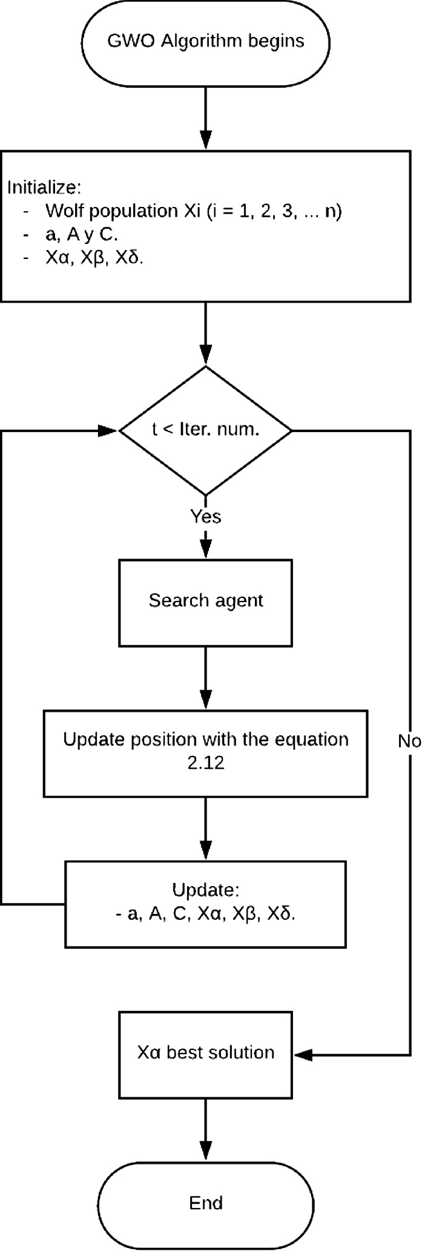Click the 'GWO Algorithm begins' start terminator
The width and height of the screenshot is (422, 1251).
(206, 42)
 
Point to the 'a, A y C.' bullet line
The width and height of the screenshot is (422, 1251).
(82, 235)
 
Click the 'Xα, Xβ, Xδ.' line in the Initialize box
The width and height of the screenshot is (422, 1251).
(94, 258)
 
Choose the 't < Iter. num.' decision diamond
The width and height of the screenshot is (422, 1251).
(206, 430)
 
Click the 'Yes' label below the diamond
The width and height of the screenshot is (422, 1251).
(206, 516)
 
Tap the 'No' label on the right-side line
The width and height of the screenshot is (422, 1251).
(409, 741)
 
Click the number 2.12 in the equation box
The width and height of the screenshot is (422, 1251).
(206, 763)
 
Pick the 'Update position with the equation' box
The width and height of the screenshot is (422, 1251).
(206, 740)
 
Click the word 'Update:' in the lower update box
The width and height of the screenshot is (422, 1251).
(206, 890)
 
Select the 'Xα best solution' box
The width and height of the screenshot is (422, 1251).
(206, 1052)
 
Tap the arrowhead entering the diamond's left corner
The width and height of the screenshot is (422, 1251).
(109, 430)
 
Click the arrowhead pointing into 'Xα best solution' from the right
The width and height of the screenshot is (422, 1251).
(303, 1056)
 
